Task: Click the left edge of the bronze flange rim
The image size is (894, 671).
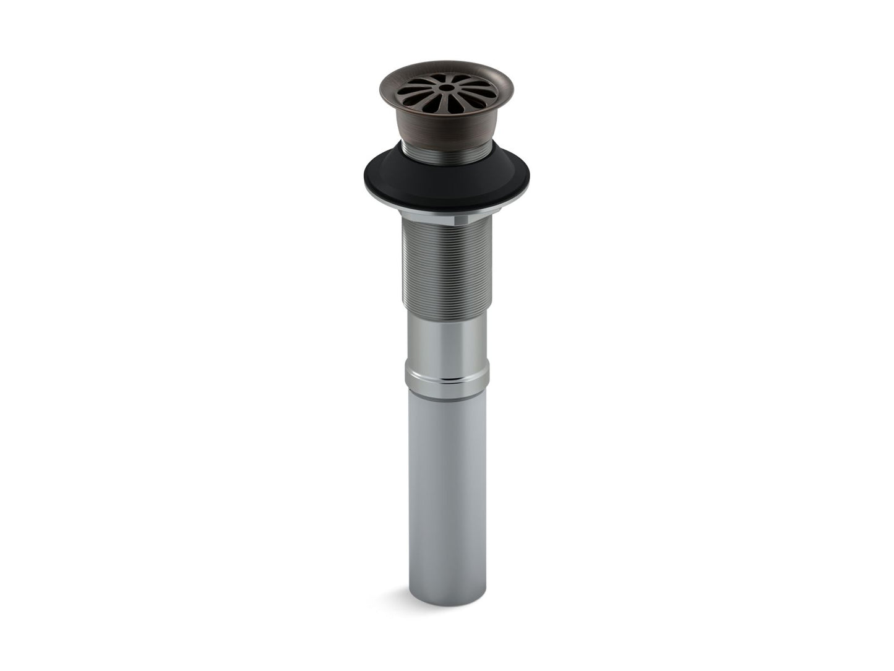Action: pyautogui.click(x=381, y=90)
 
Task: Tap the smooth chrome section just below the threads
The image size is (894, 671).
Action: pyautogui.click(x=445, y=334)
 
